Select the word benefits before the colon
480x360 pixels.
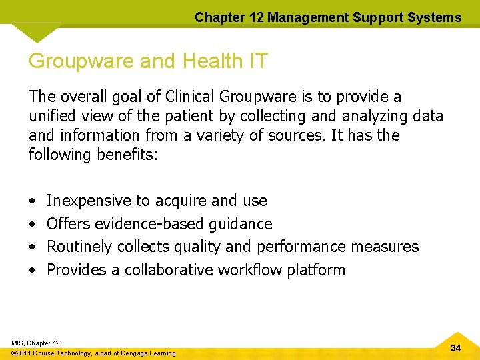(129, 155)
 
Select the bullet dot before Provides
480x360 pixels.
(33, 271)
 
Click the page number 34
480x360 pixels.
(456, 348)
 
